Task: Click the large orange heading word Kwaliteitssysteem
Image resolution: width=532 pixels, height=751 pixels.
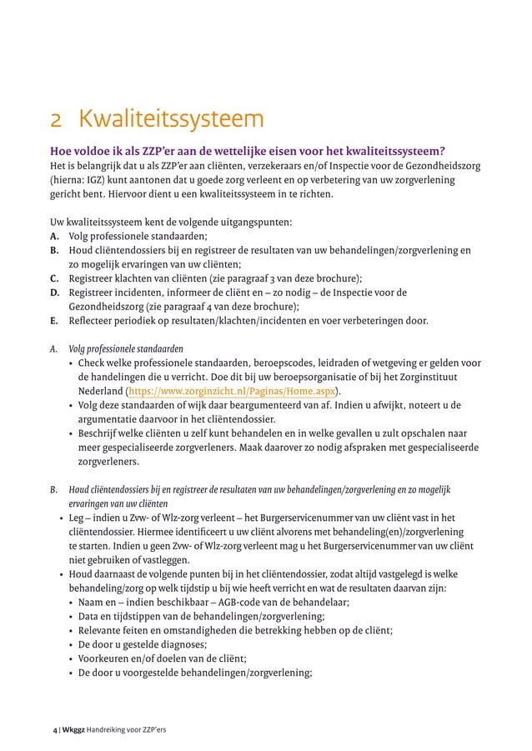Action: [x=171, y=120]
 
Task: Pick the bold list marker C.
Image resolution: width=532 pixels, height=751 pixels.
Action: [x=54, y=278]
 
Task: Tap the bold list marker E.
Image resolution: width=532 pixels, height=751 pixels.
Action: [x=54, y=320]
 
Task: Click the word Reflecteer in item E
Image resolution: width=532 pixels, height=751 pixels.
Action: [x=91, y=320]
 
